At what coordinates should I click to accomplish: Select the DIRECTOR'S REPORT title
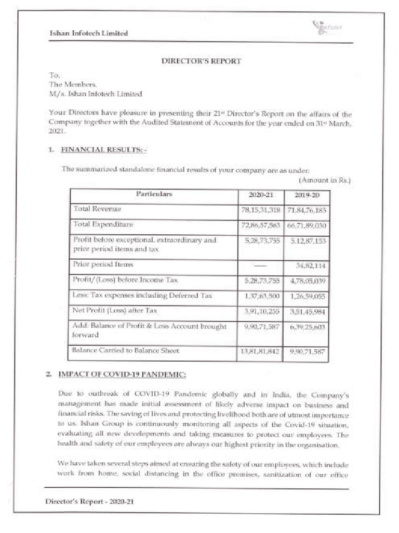pyautogui.click(x=202, y=61)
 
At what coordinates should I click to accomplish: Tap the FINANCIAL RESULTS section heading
pyautogui.click(x=104, y=150)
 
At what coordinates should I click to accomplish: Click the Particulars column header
pyautogui.click(x=154, y=194)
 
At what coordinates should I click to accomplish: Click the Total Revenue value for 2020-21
pyautogui.click(x=261, y=210)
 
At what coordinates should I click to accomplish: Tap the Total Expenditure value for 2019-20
pyautogui.click(x=307, y=225)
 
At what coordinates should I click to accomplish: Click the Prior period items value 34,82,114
pyautogui.click(x=310, y=265)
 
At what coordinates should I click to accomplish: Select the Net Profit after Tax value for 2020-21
pyautogui.click(x=261, y=311)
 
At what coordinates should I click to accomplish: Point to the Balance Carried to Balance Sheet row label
pyautogui.click(x=126, y=351)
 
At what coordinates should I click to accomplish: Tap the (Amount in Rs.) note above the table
pyautogui.click(x=325, y=180)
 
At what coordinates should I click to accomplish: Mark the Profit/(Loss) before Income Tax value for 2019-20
pyautogui.click(x=307, y=281)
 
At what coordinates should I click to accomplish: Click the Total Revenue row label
pyautogui.click(x=97, y=209)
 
